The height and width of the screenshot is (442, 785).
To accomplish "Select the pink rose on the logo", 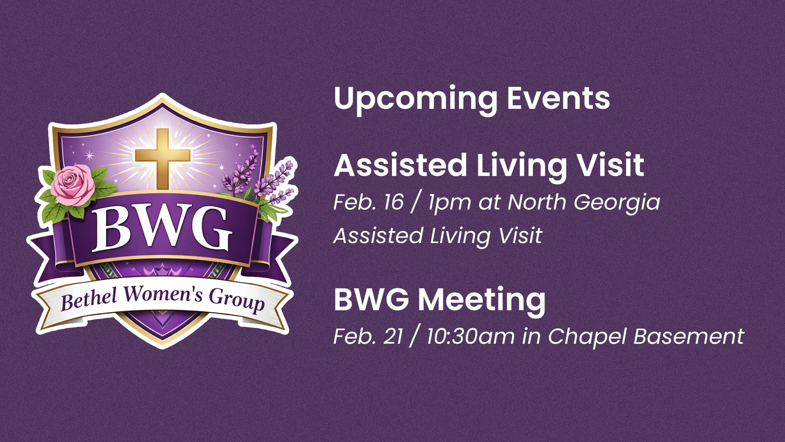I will click(x=73, y=185).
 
